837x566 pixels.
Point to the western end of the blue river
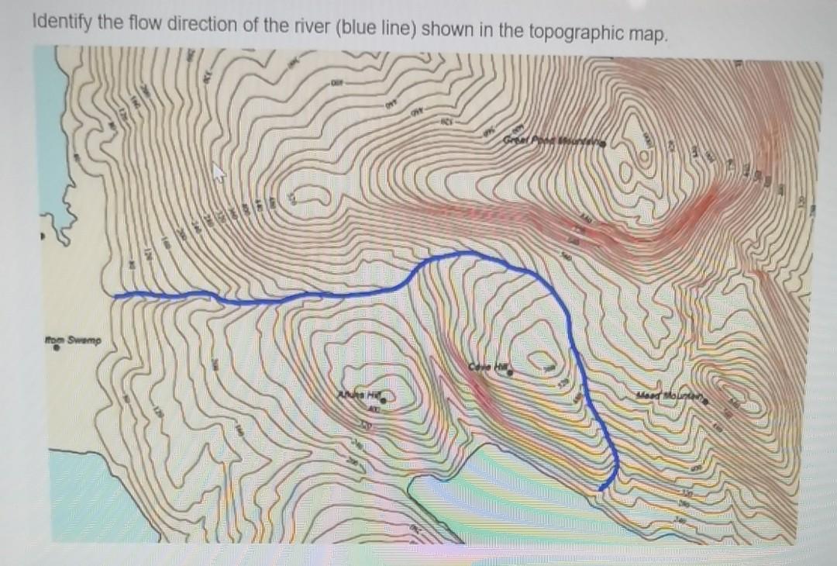(116, 296)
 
